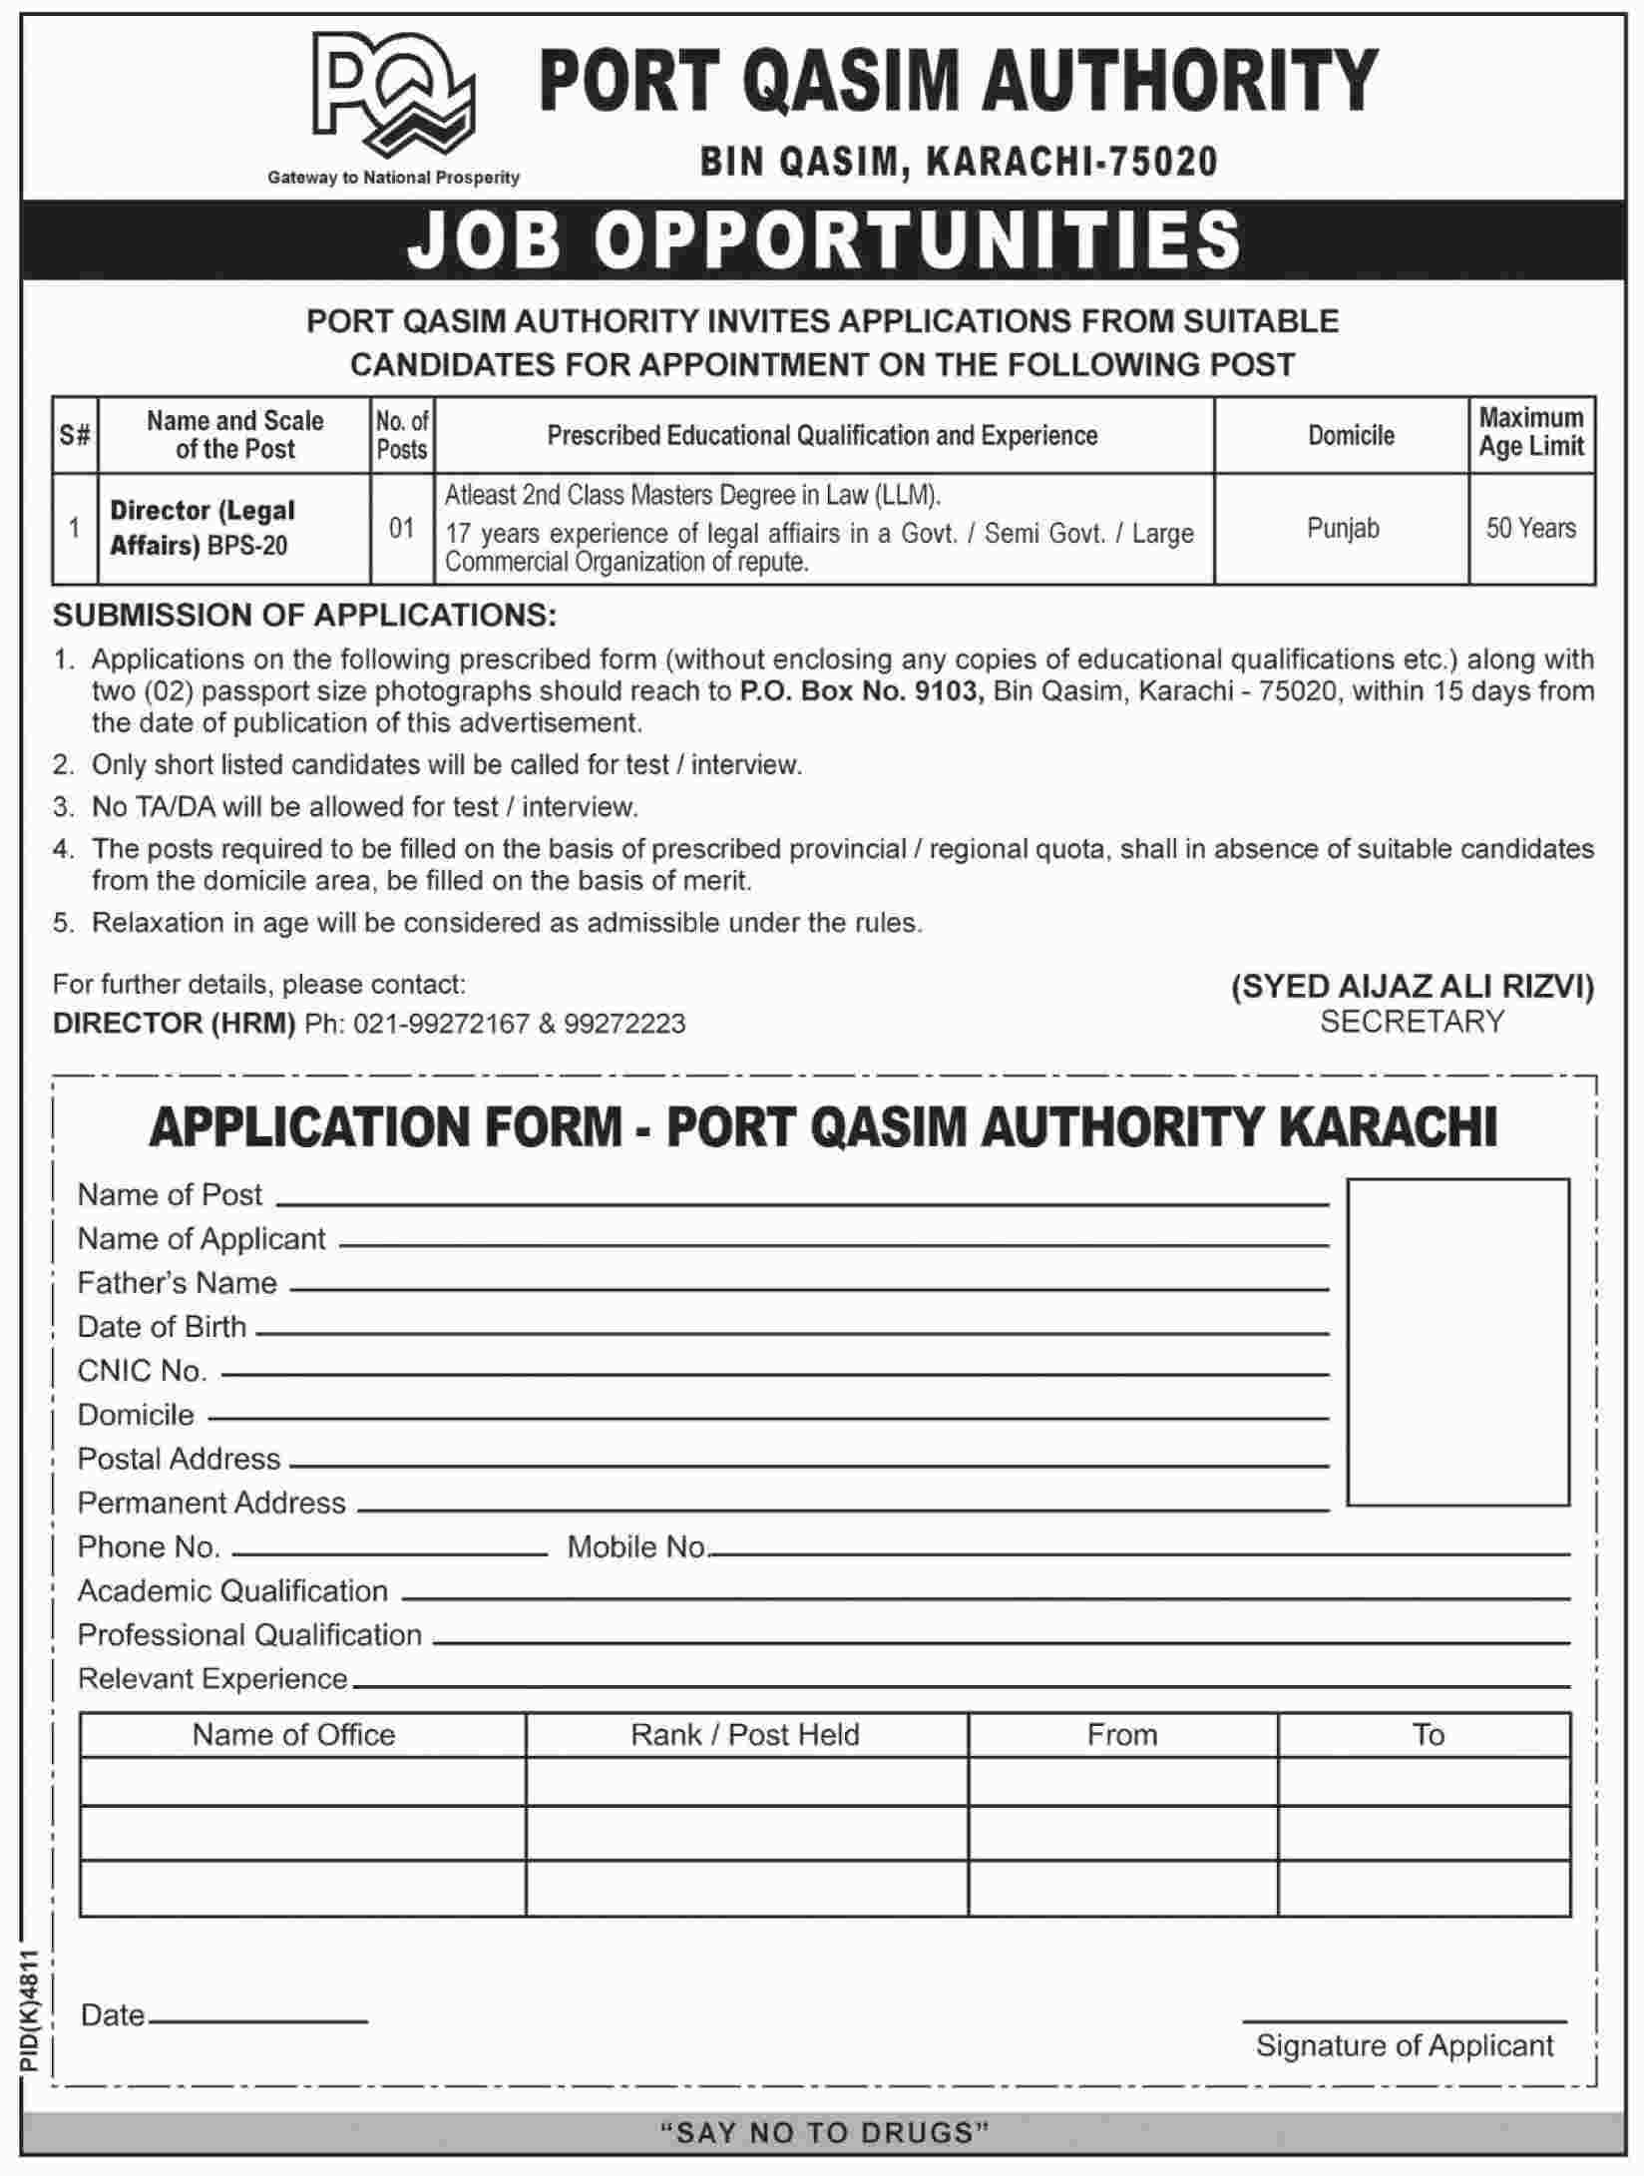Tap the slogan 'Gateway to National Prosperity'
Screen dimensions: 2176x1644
393,178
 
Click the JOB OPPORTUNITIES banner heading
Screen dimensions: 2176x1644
824,239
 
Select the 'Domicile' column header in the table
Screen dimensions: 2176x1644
1351,435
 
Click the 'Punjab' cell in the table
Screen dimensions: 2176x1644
1343,528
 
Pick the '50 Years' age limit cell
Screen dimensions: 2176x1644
1530,528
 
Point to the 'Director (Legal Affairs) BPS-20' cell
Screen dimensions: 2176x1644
204,528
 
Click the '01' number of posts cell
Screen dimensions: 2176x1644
402,528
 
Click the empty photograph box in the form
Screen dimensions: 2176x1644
1457,1341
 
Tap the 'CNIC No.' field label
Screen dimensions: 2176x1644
143,1371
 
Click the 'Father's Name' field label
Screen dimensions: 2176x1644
178,1283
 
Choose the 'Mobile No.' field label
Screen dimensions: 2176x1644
636,1546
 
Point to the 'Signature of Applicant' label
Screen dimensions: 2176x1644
1405,2045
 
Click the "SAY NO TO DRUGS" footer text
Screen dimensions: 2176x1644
824,2133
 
